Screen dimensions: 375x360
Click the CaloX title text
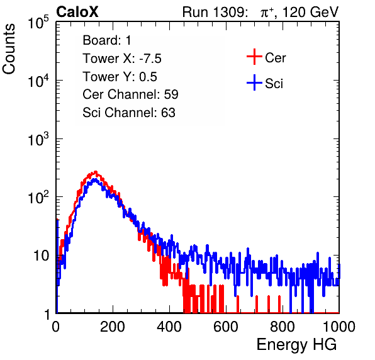77,12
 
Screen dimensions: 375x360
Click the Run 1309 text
215,12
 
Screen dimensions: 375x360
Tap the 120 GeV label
311,12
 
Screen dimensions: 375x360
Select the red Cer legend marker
254,57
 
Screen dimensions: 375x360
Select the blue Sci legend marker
254,82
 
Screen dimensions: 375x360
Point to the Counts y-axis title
9,49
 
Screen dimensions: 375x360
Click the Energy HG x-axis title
296,345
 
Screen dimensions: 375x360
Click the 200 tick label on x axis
113,327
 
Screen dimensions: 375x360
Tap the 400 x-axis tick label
169,327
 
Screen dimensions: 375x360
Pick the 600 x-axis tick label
226,327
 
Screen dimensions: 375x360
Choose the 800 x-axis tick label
283,327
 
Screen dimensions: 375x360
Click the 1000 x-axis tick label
339,327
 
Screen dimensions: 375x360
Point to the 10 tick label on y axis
42,256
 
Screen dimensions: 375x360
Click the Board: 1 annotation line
107,40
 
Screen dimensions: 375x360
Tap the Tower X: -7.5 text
122,59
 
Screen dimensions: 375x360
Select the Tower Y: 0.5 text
120,77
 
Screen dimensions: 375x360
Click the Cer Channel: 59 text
130,94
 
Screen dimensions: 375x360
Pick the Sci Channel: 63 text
129,113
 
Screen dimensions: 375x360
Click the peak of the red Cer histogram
96,172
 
